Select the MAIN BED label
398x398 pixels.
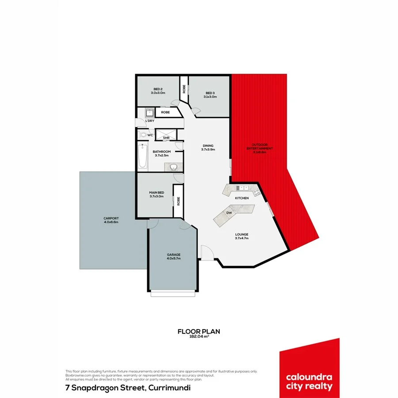pyautogui.click(x=157, y=194)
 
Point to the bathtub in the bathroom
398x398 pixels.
pyautogui.click(x=143, y=157)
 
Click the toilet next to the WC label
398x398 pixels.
pyautogui.click(x=142, y=134)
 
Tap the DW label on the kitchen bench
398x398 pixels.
pyautogui.click(x=229, y=213)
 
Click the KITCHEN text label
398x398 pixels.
pyautogui.click(x=241, y=198)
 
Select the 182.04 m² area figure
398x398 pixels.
pyautogui.click(x=199, y=337)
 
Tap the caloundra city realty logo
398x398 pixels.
pyautogui.click(x=309, y=370)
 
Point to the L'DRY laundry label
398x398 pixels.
pyautogui.click(x=150, y=121)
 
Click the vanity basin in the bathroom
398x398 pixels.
pyautogui.click(x=173, y=167)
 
